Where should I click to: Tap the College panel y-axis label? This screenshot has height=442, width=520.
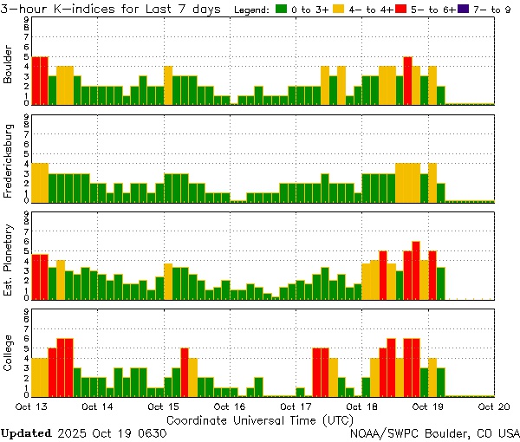pyautogui.click(x=9, y=353)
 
